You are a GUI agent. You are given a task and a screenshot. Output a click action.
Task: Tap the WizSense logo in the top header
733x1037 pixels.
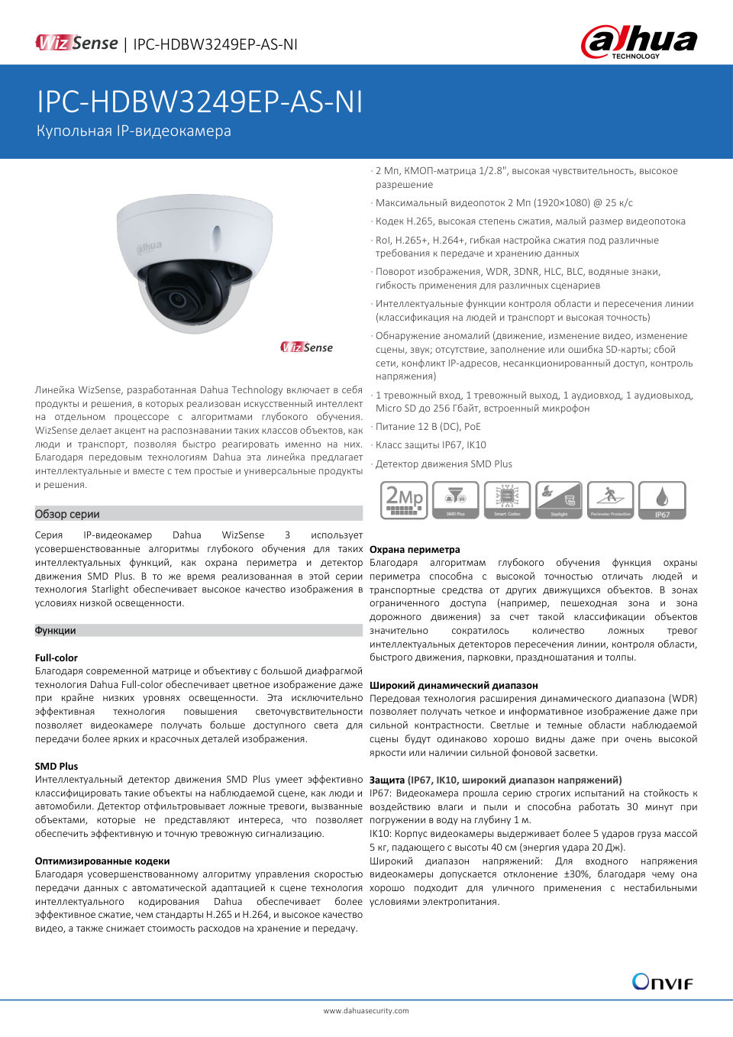(77, 44)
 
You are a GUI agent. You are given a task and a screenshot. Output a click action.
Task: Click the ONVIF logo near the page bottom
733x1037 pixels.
(662, 981)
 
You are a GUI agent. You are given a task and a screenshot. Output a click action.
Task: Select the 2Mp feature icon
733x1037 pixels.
(404, 500)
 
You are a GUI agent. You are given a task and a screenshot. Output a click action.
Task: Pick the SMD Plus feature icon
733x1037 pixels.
(455, 500)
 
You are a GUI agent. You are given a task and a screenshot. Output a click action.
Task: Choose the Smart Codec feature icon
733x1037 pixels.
(507, 500)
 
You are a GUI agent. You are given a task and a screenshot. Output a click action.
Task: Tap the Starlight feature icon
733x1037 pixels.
(559, 500)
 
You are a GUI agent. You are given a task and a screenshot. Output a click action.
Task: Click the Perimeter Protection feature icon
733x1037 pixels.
(611, 500)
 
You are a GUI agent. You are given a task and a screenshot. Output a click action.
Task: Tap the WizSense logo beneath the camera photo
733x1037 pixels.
(307, 347)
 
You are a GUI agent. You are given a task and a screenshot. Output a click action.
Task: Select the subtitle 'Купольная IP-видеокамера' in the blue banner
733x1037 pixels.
(134, 131)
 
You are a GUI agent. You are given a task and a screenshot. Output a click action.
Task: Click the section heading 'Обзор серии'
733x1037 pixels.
(67, 514)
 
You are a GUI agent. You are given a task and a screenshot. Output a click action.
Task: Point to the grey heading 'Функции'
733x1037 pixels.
(56, 631)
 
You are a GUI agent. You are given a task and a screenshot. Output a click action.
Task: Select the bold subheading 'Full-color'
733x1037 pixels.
(57, 657)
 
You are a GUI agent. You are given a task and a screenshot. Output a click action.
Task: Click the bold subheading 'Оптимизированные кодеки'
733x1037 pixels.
(102, 861)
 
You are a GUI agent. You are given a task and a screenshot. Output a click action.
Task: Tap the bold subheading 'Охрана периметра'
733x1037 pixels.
(415, 549)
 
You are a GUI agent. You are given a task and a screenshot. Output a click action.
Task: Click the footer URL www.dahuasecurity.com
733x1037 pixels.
(366, 1010)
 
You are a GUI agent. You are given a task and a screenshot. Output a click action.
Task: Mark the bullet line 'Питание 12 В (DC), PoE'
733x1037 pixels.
(428, 427)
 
